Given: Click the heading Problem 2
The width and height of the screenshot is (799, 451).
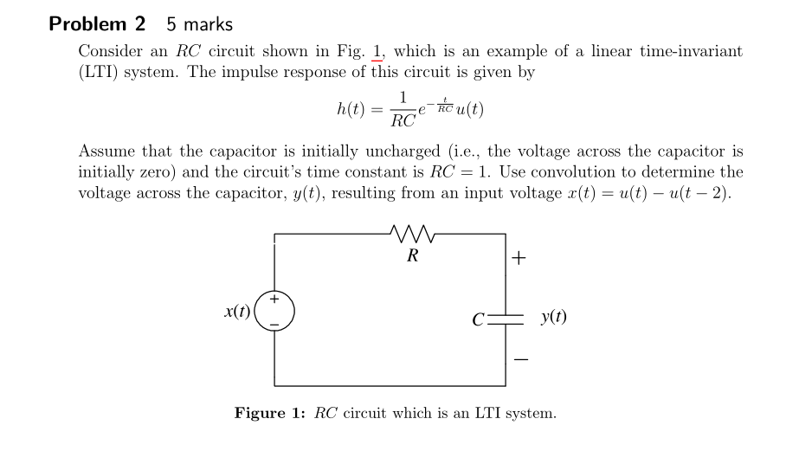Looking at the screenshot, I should [97, 24].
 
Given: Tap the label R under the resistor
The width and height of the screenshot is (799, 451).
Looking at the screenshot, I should [411, 255].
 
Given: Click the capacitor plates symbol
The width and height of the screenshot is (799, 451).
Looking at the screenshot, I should [506, 318].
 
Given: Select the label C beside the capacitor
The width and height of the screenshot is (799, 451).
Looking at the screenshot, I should [478, 318].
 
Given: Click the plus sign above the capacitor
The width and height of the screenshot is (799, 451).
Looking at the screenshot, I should [519, 258].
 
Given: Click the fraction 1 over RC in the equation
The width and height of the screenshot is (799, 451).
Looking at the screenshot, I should [403, 109].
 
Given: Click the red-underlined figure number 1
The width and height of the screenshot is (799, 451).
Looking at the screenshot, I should [377, 51].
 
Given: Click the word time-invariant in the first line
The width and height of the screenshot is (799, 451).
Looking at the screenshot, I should [690, 51].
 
